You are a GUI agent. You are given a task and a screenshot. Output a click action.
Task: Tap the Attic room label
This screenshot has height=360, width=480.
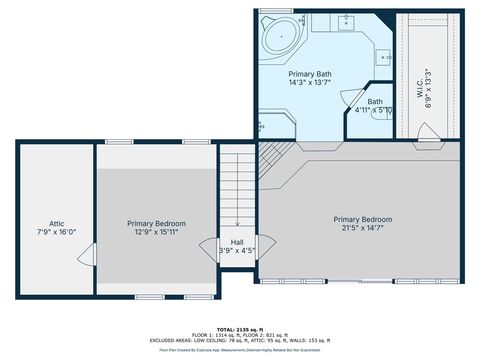(x=57, y=224)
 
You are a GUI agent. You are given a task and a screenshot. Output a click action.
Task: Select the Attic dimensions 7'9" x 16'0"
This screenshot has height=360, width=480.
(x=57, y=233)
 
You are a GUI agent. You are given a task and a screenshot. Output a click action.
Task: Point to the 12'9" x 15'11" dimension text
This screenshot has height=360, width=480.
(x=156, y=233)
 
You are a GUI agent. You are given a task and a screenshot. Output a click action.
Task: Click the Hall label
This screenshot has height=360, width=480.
(x=237, y=242)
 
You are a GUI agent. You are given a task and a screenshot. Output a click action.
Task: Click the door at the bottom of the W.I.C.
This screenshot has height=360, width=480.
(x=427, y=131)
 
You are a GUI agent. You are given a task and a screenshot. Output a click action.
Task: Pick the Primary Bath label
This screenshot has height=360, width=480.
(x=310, y=74)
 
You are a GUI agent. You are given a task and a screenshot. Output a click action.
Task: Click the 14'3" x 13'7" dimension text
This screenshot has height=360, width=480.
(x=310, y=83)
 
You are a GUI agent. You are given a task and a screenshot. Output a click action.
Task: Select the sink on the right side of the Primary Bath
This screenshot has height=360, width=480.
(x=386, y=57)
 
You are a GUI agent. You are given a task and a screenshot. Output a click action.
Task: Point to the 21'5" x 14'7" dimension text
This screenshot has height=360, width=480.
(x=362, y=229)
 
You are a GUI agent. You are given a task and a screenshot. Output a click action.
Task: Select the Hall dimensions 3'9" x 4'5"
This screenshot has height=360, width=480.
(x=237, y=251)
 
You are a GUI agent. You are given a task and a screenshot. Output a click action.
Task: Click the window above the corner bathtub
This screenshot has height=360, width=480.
(x=272, y=10)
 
